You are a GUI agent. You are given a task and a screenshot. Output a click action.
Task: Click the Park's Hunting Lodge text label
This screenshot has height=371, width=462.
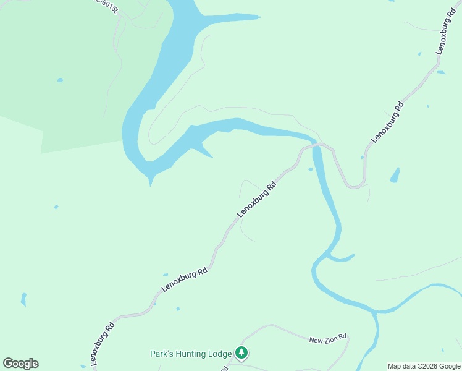point(191,354)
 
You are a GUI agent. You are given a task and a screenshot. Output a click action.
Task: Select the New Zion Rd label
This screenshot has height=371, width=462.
point(329,339)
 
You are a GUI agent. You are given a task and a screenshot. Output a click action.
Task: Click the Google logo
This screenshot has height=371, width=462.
point(20,364)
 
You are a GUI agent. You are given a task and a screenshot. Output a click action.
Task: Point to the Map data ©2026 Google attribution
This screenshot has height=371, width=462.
point(424,366)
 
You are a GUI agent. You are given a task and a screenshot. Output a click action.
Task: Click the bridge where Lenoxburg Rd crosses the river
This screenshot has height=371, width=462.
point(314,145)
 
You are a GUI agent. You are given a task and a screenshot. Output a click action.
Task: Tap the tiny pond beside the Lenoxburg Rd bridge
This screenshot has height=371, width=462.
point(311,169)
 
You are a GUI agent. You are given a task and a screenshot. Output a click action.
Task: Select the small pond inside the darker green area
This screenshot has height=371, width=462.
point(60,80)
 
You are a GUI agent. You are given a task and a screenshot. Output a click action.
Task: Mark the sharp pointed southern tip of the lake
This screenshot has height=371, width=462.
point(151,183)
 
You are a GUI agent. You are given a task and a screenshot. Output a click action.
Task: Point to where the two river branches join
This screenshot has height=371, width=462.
point(374,312)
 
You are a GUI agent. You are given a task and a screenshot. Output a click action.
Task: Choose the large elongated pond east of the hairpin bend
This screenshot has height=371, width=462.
point(395,175)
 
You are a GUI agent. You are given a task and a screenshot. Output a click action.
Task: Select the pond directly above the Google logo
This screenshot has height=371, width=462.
point(23,300)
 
